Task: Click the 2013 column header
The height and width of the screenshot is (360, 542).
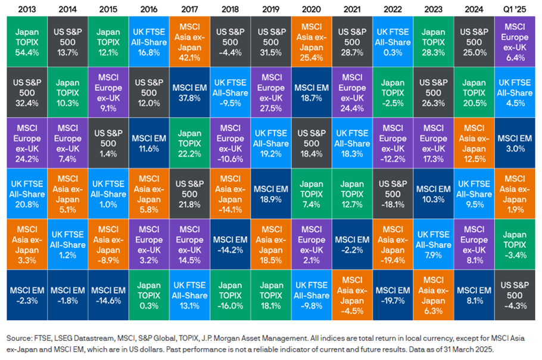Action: click(x=27, y=10)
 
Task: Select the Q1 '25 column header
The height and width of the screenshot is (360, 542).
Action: click(x=514, y=10)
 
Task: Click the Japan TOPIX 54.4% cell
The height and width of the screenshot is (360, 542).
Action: click(x=27, y=38)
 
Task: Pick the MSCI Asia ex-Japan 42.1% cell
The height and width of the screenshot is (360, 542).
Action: click(x=189, y=38)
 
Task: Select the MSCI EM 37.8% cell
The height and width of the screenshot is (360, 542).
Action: click(x=189, y=89)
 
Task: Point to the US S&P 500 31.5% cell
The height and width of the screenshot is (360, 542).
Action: click(x=270, y=38)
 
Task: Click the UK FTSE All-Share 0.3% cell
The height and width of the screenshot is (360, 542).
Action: click(x=393, y=38)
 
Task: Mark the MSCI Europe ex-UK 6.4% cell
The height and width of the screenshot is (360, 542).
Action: click(x=514, y=38)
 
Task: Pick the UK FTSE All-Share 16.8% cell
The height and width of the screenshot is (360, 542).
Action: click(x=149, y=38)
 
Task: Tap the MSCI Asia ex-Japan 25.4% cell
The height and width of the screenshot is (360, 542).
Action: click(x=311, y=38)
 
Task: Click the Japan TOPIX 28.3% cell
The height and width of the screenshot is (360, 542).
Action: click(x=433, y=38)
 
